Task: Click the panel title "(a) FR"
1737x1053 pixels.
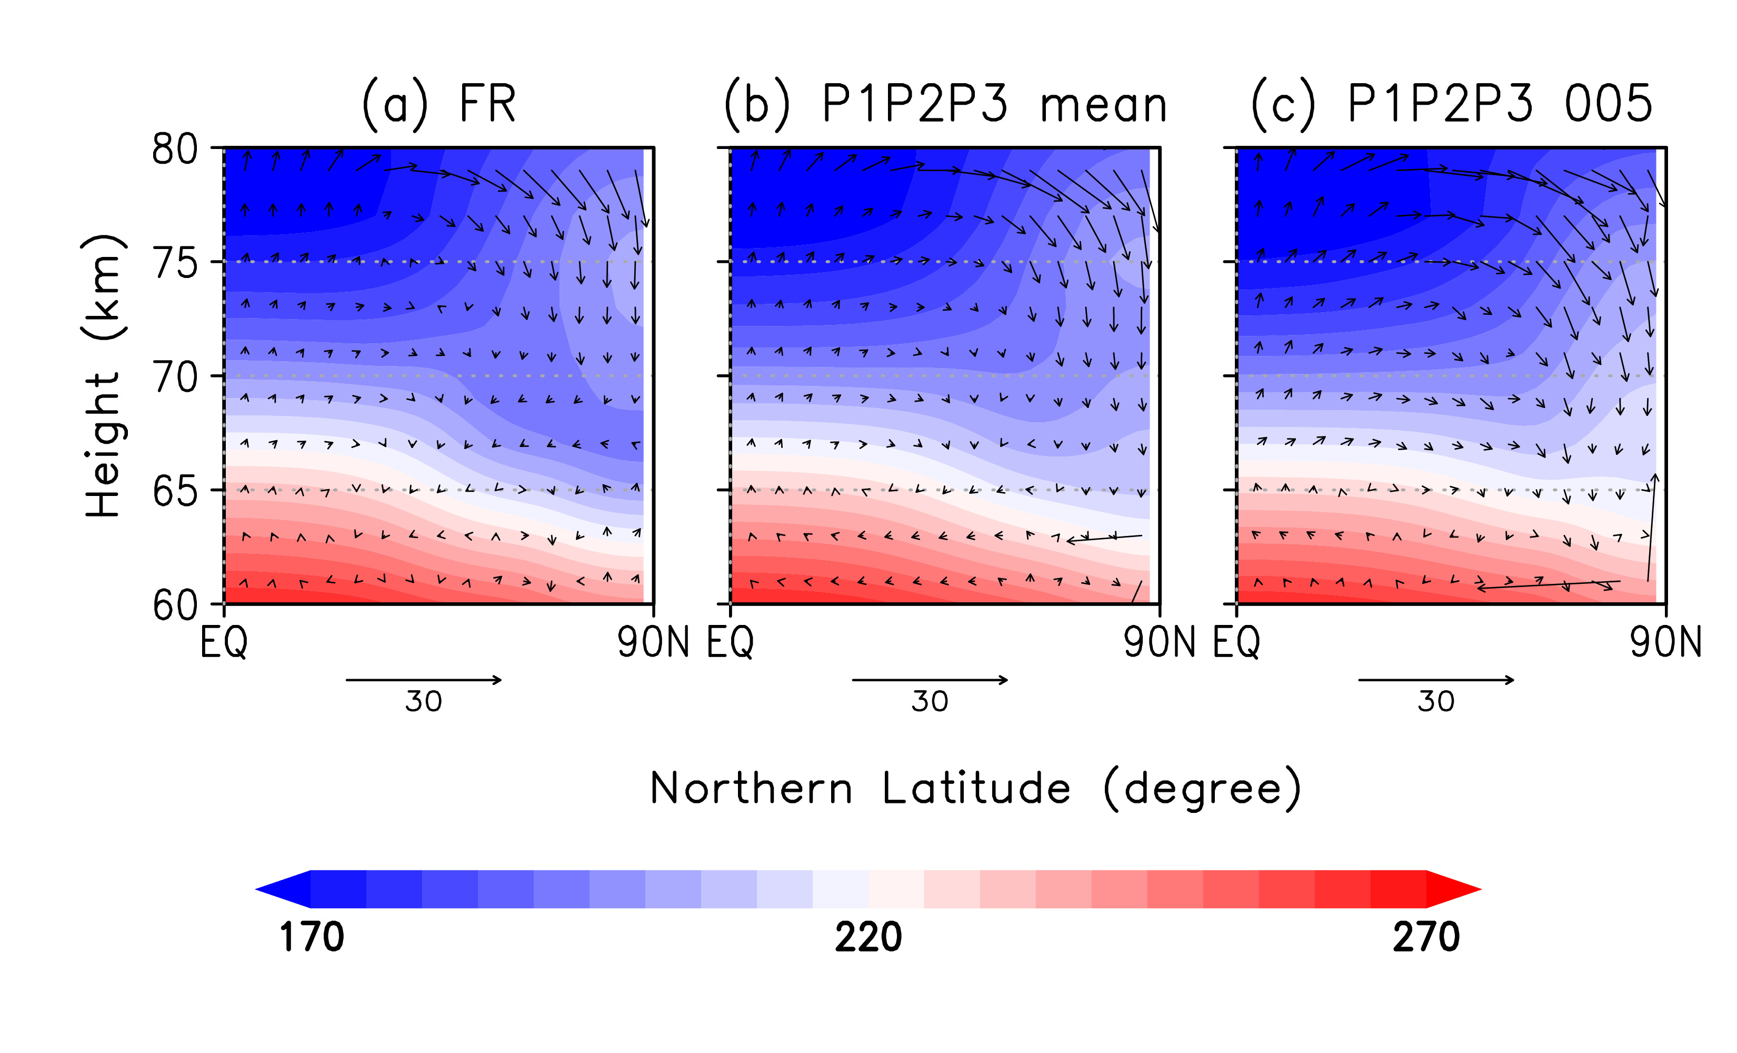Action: click(438, 104)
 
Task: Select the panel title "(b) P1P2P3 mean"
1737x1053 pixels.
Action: click(945, 104)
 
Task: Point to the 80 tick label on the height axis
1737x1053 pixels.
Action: click(175, 150)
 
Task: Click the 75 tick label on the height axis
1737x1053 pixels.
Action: click(175, 264)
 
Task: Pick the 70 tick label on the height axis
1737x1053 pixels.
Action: click(175, 378)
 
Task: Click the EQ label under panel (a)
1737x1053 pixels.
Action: click(224, 642)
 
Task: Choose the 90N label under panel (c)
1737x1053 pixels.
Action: click(1665, 642)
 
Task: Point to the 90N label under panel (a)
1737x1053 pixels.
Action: click(653, 642)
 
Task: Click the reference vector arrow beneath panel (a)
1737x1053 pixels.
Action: click(424, 680)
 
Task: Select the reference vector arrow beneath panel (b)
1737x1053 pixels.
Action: click(930, 680)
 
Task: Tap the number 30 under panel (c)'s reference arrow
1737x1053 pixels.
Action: click(1436, 702)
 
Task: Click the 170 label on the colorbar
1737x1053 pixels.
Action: click(312, 937)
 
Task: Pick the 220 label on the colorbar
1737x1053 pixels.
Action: click(868, 937)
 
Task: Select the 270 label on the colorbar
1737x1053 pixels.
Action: click(1425, 937)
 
